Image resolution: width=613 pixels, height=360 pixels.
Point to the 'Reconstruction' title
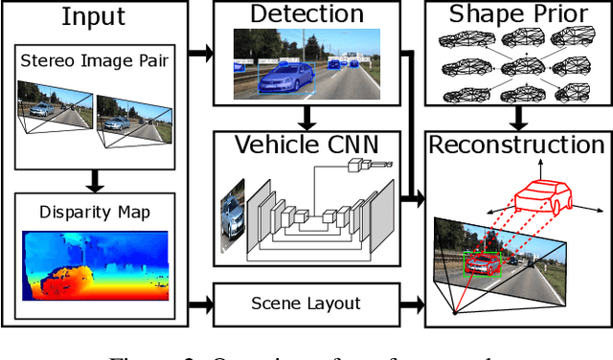point(517,146)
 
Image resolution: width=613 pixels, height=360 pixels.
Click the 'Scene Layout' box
point(306,304)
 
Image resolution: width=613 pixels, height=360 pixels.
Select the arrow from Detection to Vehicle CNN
point(306,116)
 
